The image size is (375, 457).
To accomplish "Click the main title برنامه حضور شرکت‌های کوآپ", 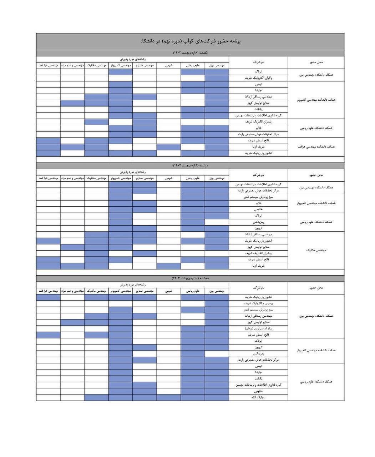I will coord(190,41).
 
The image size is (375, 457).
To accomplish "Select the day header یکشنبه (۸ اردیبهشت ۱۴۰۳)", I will coord(190,53).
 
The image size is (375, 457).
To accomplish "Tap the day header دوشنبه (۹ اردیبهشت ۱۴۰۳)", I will coord(190,166).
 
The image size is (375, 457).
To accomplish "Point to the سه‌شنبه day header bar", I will coord(190,278).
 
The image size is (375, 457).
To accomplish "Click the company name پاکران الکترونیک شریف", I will coord(258,78).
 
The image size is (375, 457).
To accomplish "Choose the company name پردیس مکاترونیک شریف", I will coord(258,303).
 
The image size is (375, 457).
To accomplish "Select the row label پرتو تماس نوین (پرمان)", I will coord(258,328).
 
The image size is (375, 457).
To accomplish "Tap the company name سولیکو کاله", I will coord(258,397).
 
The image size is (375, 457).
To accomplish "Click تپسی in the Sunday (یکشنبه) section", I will coord(258,84).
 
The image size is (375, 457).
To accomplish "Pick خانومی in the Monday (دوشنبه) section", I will coord(258,210).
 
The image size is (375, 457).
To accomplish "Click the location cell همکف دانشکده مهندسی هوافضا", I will coord(316,147).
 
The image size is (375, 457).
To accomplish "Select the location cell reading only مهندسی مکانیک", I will coord(316,250).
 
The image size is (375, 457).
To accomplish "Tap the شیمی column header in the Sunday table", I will coord(169,66).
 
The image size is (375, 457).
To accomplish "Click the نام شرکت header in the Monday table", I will coord(258,175).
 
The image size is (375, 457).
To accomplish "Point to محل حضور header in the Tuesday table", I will coord(316,287).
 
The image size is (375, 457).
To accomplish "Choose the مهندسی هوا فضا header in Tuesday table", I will coord(48,291).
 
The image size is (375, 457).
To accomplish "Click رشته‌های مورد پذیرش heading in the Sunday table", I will coord(132,59).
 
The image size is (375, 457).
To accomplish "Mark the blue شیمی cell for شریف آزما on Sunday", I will coord(169,147).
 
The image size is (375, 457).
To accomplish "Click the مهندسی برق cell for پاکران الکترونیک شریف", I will coord(217,78).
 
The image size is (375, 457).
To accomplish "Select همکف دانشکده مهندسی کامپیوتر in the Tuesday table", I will coord(316,351).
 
